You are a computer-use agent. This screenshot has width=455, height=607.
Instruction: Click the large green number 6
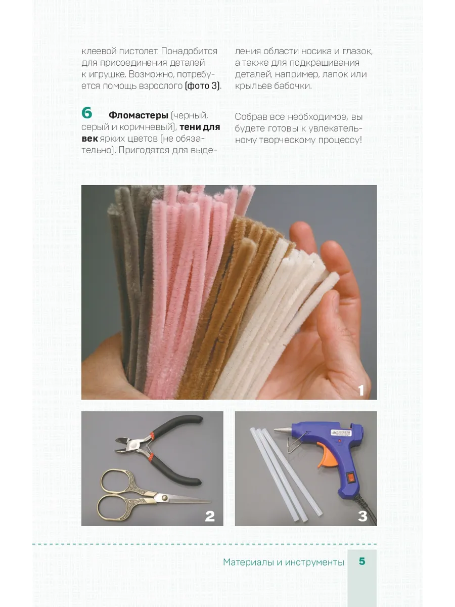pyautogui.click(x=87, y=113)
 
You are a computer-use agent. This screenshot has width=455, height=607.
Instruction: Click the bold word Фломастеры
pyautogui.click(x=139, y=115)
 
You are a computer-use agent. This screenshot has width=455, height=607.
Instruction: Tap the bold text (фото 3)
pyautogui.click(x=203, y=85)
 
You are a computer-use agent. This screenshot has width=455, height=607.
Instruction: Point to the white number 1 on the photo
pyautogui.click(x=361, y=390)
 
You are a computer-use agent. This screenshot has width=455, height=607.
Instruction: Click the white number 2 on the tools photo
pyautogui.click(x=210, y=516)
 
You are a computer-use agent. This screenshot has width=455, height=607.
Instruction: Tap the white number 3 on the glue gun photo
pyautogui.click(x=362, y=516)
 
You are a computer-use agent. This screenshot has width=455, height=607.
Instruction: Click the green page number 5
pyautogui.click(x=362, y=561)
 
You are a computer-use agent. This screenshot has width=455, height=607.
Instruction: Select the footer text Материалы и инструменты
pyautogui.click(x=284, y=562)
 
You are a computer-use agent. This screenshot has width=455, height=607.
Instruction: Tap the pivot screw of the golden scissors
pyautogui.click(x=165, y=498)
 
